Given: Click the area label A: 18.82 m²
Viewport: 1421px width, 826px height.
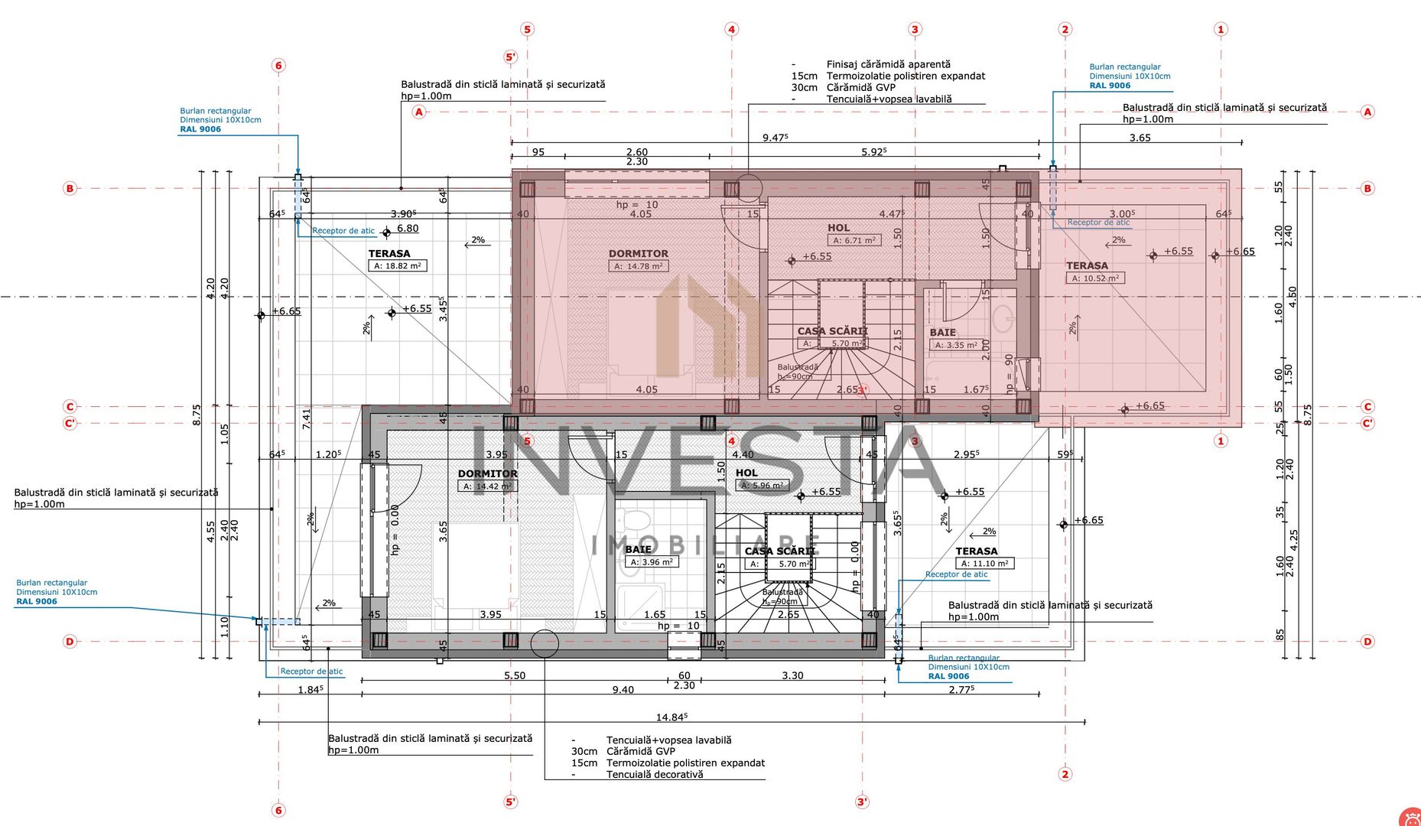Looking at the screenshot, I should (x=397, y=266).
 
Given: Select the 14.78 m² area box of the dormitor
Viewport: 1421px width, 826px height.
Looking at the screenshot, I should (x=639, y=266).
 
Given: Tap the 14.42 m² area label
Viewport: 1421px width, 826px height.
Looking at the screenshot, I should (x=487, y=486).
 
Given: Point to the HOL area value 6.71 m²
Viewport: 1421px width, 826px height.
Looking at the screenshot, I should (x=854, y=240).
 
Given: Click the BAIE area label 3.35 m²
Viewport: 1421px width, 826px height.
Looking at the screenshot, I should (x=956, y=345).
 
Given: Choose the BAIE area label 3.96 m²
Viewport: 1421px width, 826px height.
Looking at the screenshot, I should (x=651, y=562).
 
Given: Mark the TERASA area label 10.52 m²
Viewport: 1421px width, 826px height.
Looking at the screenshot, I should (x=1094, y=278).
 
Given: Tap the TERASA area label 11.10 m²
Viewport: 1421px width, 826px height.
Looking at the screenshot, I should (x=984, y=564).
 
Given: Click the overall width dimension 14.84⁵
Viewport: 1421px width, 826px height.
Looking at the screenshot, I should (x=671, y=717).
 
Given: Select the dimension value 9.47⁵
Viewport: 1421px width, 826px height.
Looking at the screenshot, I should (x=775, y=138).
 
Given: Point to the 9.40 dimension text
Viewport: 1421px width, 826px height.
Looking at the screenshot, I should (x=623, y=690).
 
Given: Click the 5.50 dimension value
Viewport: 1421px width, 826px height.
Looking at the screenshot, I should (x=515, y=675).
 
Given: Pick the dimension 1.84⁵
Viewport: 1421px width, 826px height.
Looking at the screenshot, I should (x=310, y=690).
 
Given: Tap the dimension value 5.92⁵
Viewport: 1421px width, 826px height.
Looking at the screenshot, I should (x=873, y=152).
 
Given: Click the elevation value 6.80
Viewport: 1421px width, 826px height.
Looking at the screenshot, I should (x=408, y=228).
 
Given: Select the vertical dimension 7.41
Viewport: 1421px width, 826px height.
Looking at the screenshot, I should (x=307, y=418).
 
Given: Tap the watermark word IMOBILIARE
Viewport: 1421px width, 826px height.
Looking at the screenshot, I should (x=706, y=545).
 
